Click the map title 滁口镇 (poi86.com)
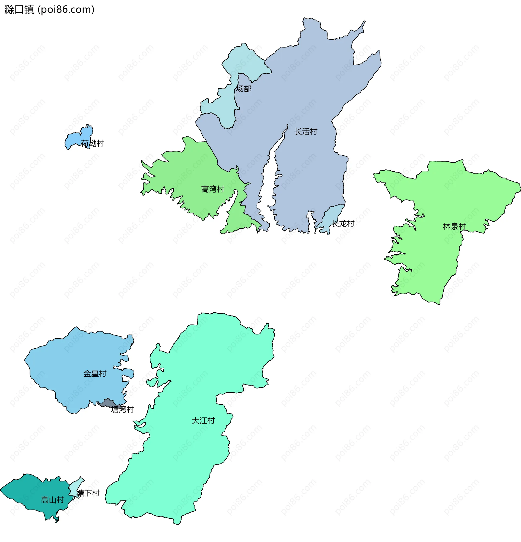[49, 10]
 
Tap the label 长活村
[306, 132]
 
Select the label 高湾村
[212, 189]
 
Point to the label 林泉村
[455, 226]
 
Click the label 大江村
[203, 421]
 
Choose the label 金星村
[95, 374]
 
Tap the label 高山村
[52, 500]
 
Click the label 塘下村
[88, 493]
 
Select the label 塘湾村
[123, 409]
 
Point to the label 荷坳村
[93, 143]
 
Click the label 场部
[243, 89]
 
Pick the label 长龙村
[343, 223]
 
